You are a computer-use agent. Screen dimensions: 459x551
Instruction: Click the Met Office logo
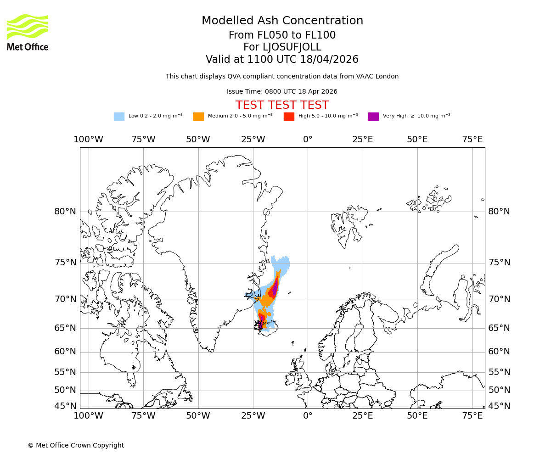[28, 32]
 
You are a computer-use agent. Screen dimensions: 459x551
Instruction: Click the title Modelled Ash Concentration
[282, 21]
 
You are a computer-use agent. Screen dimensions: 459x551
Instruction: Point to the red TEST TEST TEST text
[282, 105]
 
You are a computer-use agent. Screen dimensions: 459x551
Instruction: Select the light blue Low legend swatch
[119, 116]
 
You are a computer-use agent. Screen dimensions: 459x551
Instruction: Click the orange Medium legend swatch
[198, 116]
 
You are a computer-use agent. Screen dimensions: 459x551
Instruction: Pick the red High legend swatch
[289, 116]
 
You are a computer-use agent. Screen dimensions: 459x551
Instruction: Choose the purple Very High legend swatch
[373, 116]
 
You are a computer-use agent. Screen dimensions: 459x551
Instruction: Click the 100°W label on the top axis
[88, 139]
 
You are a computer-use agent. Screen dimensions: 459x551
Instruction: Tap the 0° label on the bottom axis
[308, 416]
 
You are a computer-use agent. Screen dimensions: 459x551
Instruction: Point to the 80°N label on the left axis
[65, 212]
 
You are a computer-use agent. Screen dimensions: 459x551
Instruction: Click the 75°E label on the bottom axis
[472, 416]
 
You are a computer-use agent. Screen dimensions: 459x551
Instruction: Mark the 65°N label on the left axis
[65, 328]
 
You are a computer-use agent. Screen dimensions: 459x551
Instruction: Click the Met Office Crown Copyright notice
[76, 445]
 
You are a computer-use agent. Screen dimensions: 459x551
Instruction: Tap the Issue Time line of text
[282, 91]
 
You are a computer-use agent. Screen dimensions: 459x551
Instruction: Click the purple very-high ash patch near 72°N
[275, 289]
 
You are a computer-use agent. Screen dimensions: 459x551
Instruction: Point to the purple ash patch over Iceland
[261, 320]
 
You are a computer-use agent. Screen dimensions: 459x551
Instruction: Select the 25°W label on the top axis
[253, 139]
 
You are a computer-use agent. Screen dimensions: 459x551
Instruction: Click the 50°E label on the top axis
[417, 139]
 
